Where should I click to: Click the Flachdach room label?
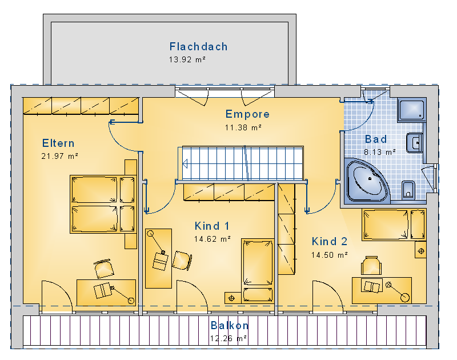[198, 47]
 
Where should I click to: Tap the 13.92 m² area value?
[187, 59]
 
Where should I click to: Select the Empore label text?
[247, 114]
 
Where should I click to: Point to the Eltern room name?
[58, 143]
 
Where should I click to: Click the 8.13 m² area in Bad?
[380, 152]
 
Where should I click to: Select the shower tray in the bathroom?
[412, 110]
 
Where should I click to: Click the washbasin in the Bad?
[415, 143]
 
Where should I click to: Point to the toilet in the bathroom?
[408, 190]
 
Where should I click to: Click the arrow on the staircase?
[185, 164]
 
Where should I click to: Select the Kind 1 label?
[212, 226]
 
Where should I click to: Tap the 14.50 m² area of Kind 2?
[330, 255]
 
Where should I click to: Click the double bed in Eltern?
[103, 204]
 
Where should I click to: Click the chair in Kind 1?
[182, 260]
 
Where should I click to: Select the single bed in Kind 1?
[258, 271]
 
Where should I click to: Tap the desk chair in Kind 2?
[371, 265]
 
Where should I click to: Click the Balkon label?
[230, 325]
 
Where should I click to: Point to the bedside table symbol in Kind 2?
[421, 251]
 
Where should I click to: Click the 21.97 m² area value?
[60, 156]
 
